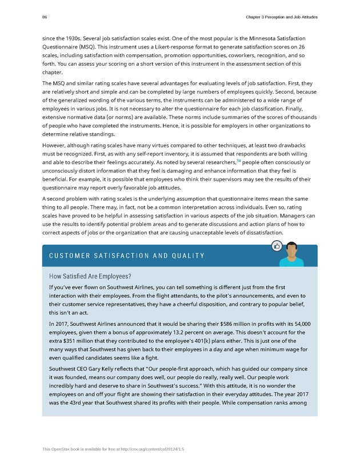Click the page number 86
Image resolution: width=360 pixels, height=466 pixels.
point(45,18)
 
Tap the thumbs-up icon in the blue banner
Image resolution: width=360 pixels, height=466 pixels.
point(277,246)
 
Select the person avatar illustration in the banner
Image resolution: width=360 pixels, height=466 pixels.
point(291,254)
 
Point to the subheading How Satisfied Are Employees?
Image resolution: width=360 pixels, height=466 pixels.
point(90,275)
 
